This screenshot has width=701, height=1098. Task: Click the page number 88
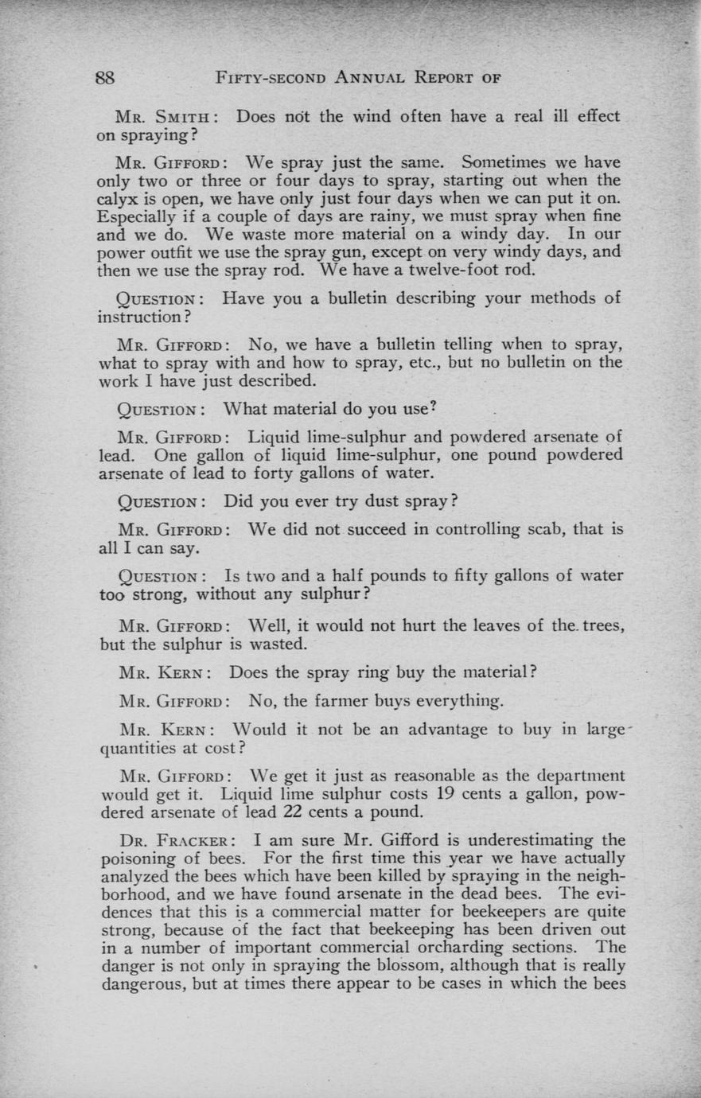click(107, 78)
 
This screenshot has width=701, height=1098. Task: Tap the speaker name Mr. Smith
click(162, 117)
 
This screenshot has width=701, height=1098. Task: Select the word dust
click(375, 502)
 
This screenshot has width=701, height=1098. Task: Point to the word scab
click(519, 529)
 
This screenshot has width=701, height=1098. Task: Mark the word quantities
click(138, 748)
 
